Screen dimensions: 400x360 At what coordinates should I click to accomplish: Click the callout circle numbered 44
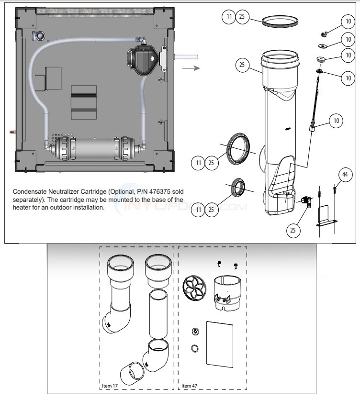coord(345,175)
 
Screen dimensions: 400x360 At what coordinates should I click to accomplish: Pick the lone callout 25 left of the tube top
coord(242,65)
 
